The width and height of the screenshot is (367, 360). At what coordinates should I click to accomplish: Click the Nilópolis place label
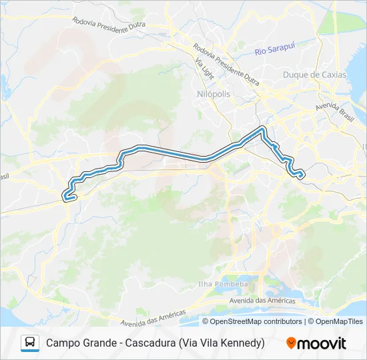coord(214,94)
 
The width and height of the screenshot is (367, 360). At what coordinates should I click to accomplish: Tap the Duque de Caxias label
coord(315,75)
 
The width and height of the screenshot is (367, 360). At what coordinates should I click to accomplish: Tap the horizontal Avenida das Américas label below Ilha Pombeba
coord(263,301)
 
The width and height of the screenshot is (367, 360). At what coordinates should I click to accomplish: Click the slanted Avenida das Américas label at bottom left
coord(153,317)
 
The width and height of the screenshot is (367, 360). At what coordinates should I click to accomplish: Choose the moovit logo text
coord(322,343)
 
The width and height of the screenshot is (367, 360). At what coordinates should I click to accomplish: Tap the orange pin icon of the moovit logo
coord(291,343)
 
